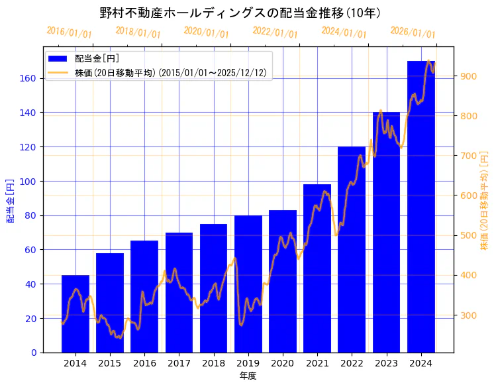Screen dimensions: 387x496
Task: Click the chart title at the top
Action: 240,13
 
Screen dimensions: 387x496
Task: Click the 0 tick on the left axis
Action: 34,353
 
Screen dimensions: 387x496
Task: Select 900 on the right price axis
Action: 468,76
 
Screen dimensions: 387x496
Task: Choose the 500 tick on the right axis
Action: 468,235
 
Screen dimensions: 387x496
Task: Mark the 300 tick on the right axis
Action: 468,315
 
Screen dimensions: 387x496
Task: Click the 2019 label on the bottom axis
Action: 248,363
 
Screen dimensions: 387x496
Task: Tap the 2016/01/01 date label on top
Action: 70,32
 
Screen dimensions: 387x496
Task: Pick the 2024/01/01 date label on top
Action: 344,32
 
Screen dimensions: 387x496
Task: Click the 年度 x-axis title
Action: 248,376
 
